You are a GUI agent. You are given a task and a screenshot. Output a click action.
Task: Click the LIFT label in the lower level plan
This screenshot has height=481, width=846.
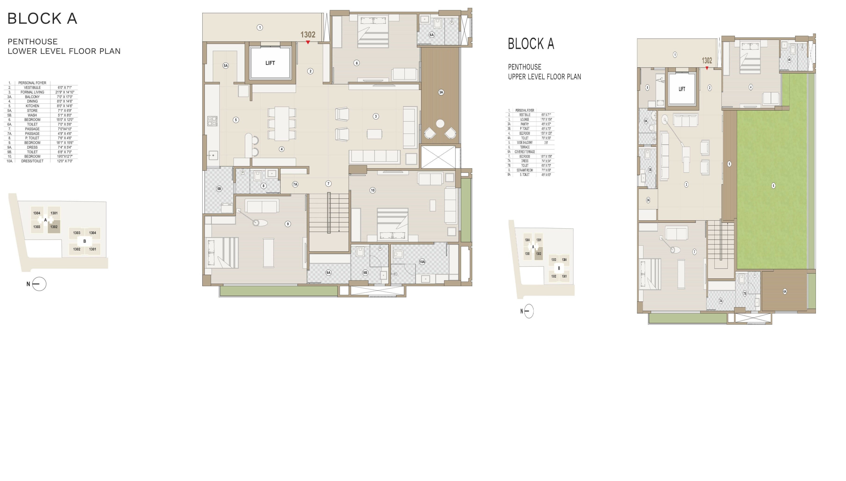point(270,63)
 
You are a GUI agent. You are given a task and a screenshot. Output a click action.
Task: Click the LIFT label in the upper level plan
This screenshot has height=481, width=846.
point(681,89)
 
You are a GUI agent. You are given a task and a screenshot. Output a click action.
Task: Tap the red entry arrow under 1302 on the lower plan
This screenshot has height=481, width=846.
point(308,42)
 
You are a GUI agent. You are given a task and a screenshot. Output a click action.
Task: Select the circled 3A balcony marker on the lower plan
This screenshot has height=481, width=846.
point(441,92)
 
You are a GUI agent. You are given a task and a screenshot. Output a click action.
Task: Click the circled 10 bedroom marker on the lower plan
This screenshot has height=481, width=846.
point(373,190)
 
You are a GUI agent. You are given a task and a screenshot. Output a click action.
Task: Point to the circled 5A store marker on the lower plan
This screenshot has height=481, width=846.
point(226,66)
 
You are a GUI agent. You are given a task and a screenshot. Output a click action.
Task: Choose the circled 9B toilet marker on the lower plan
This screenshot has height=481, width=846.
point(365,272)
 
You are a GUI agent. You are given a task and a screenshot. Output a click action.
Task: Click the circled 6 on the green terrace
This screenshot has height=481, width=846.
point(773,186)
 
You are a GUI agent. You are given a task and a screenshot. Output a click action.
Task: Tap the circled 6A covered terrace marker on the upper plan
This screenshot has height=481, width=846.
point(785,291)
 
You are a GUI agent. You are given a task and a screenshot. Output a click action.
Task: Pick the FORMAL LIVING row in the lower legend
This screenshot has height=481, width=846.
point(32,92)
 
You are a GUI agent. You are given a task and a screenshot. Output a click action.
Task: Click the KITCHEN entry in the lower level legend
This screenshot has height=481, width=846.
point(32,106)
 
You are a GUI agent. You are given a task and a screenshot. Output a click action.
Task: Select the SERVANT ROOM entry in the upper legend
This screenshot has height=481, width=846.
point(525,170)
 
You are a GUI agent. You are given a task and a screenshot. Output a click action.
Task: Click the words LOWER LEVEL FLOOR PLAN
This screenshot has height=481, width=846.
point(64,51)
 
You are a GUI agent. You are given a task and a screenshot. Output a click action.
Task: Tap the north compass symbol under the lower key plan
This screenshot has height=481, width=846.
point(39,284)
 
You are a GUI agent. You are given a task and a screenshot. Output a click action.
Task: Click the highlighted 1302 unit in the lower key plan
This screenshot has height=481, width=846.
point(54,227)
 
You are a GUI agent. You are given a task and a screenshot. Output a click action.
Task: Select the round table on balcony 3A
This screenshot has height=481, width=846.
point(440,124)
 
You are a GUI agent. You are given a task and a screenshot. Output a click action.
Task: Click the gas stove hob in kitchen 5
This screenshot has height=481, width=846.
point(212,121)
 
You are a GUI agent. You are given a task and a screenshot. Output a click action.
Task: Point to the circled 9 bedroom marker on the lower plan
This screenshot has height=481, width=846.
point(288,224)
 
